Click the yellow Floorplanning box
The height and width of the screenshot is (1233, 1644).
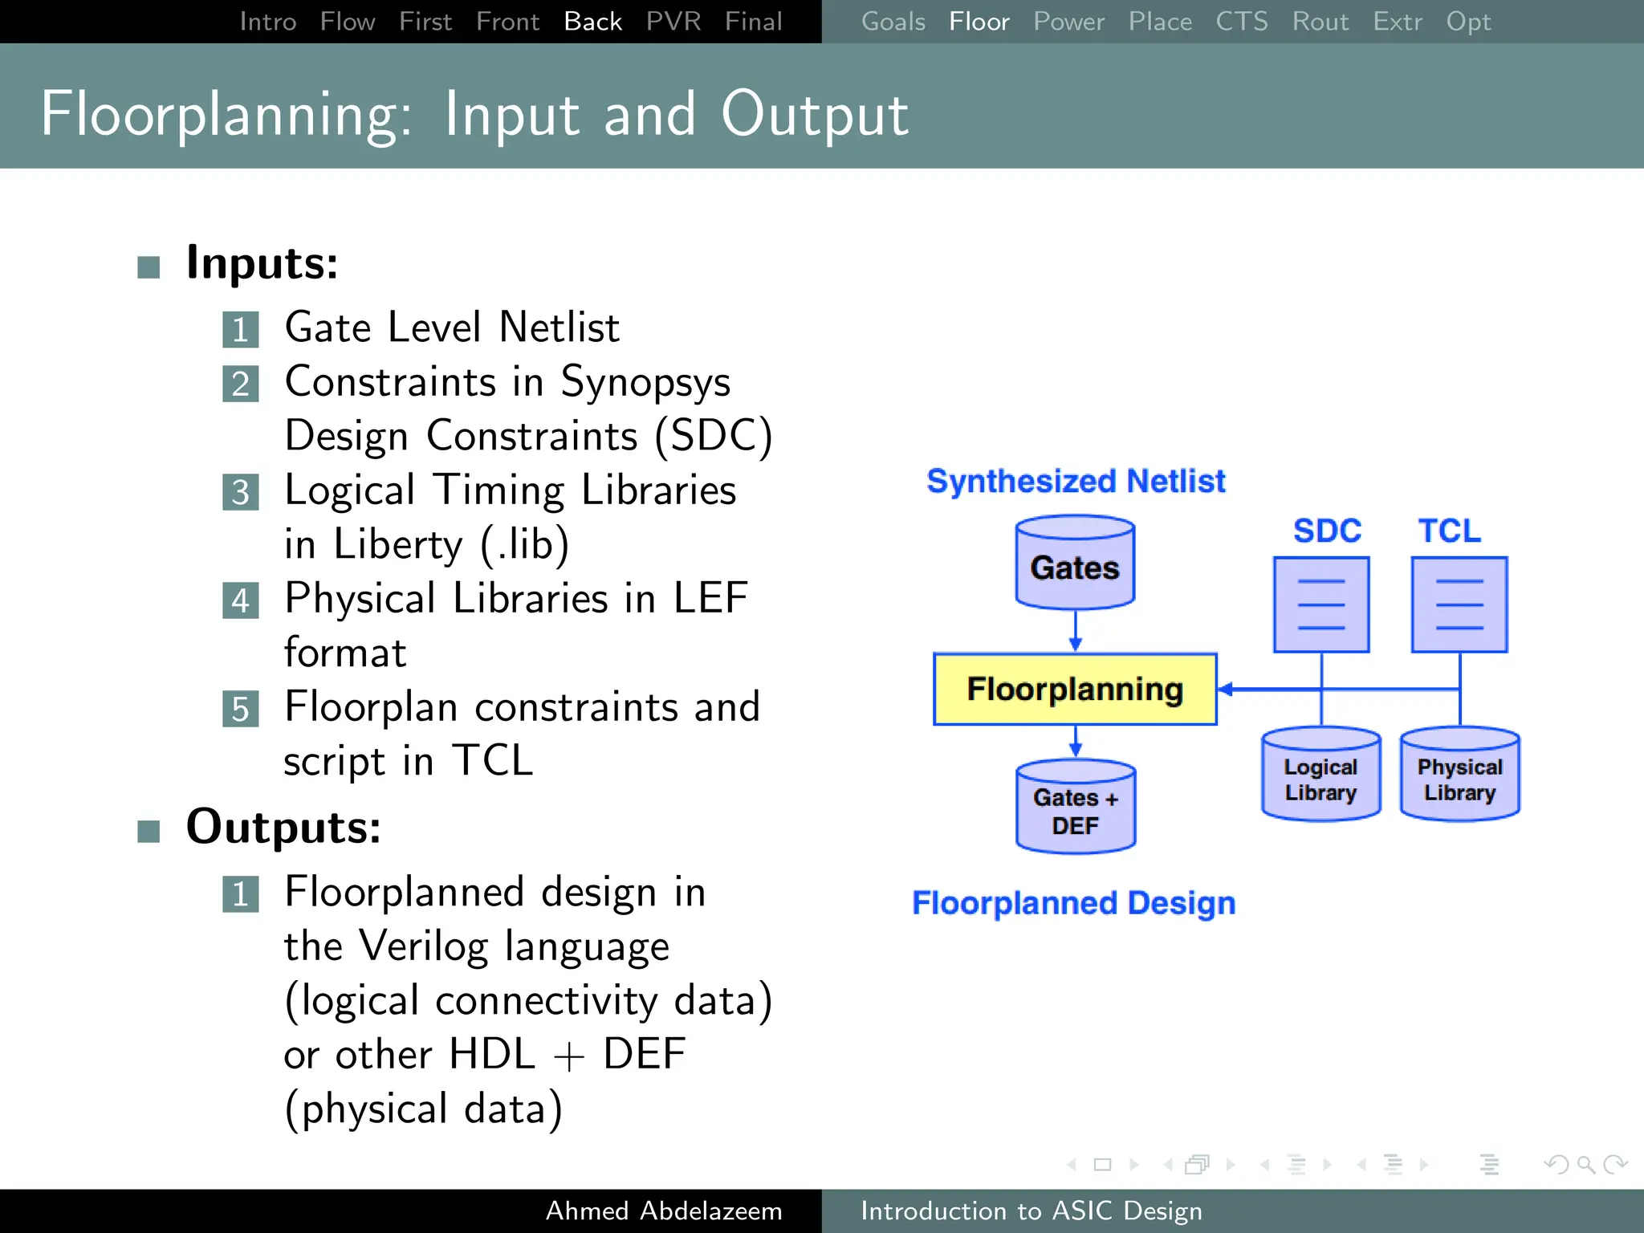[x=1074, y=689]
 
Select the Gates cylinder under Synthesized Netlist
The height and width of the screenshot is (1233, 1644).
[x=1074, y=564]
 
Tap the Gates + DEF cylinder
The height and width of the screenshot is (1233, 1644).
[x=1075, y=808]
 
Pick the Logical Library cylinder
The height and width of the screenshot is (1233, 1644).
[x=1320, y=775]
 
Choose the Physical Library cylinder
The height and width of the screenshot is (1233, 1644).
[x=1459, y=775]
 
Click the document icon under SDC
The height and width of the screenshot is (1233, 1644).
[x=1320, y=604]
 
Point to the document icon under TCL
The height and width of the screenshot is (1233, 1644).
[x=1459, y=604]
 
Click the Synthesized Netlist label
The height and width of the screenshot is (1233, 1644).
[x=1076, y=481]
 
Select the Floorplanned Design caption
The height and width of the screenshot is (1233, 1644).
[x=1073, y=903]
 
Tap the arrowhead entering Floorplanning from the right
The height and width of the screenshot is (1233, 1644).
[x=1226, y=689]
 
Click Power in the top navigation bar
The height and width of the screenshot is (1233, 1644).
[x=1068, y=22]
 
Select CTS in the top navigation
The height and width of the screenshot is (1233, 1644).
[x=1241, y=22]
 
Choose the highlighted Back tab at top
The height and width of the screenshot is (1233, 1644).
[x=592, y=22]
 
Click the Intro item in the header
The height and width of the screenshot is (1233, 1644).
[x=268, y=22]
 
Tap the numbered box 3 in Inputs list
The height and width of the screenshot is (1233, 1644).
[x=240, y=492]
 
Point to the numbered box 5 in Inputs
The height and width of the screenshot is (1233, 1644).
[x=240, y=709]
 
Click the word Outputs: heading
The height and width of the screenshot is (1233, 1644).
[x=283, y=827]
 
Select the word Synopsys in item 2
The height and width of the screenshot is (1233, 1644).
[x=645, y=383]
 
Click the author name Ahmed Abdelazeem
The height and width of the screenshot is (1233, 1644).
[x=664, y=1211]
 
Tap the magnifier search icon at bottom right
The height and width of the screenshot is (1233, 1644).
[x=1585, y=1164]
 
